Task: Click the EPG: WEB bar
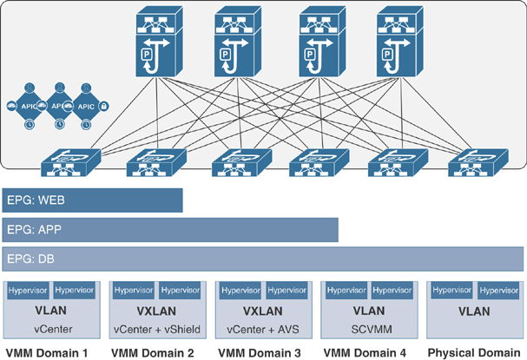pos(92,200)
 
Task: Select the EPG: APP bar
pos(170,231)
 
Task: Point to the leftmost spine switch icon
pos(161,42)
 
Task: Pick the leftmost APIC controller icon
pos(27,106)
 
